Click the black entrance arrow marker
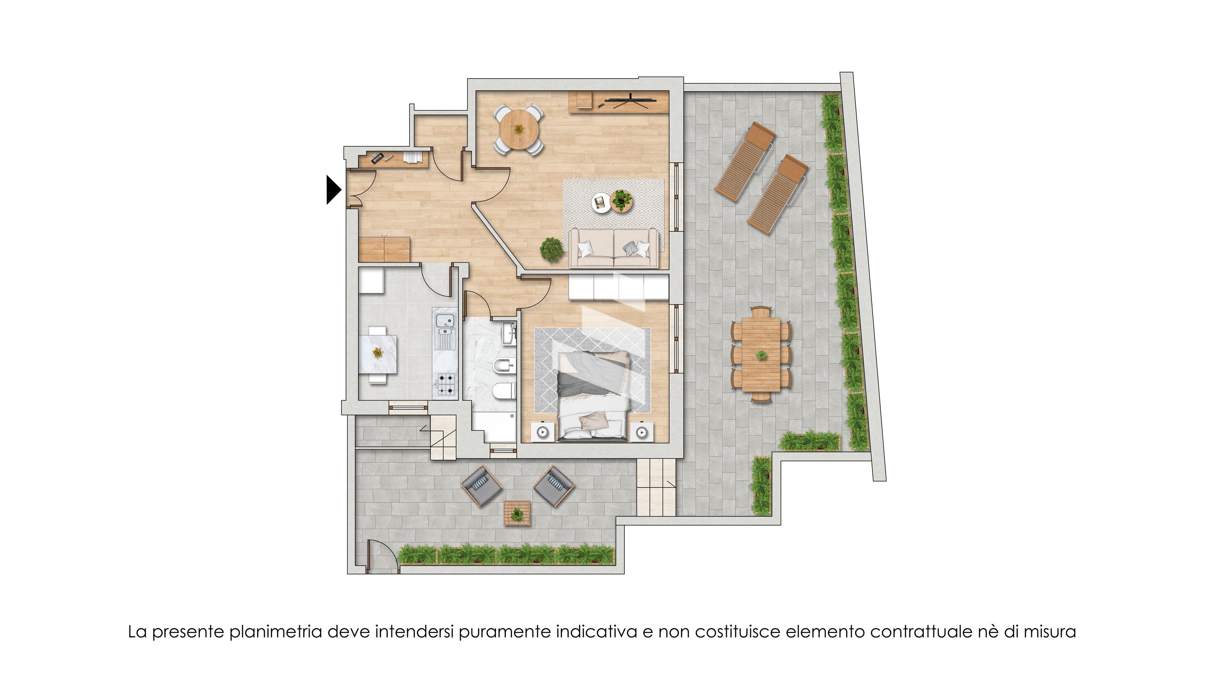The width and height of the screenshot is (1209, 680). coord(333,189)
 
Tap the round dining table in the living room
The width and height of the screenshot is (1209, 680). coord(518,129)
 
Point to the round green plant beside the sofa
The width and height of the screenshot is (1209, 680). coord(551,250)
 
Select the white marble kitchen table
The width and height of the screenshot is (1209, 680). coord(378,354)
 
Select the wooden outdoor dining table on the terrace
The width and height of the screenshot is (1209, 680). coord(761,354)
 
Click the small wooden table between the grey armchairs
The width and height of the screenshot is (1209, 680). coord(517,513)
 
